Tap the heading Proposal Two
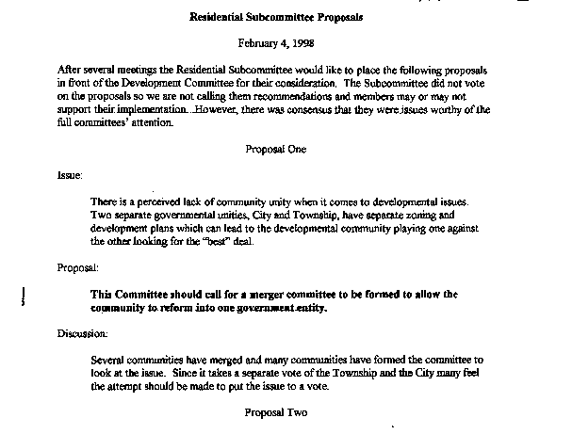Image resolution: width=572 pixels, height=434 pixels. (x=276, y=411)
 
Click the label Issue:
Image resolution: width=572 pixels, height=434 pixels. (x=69, y=175)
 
